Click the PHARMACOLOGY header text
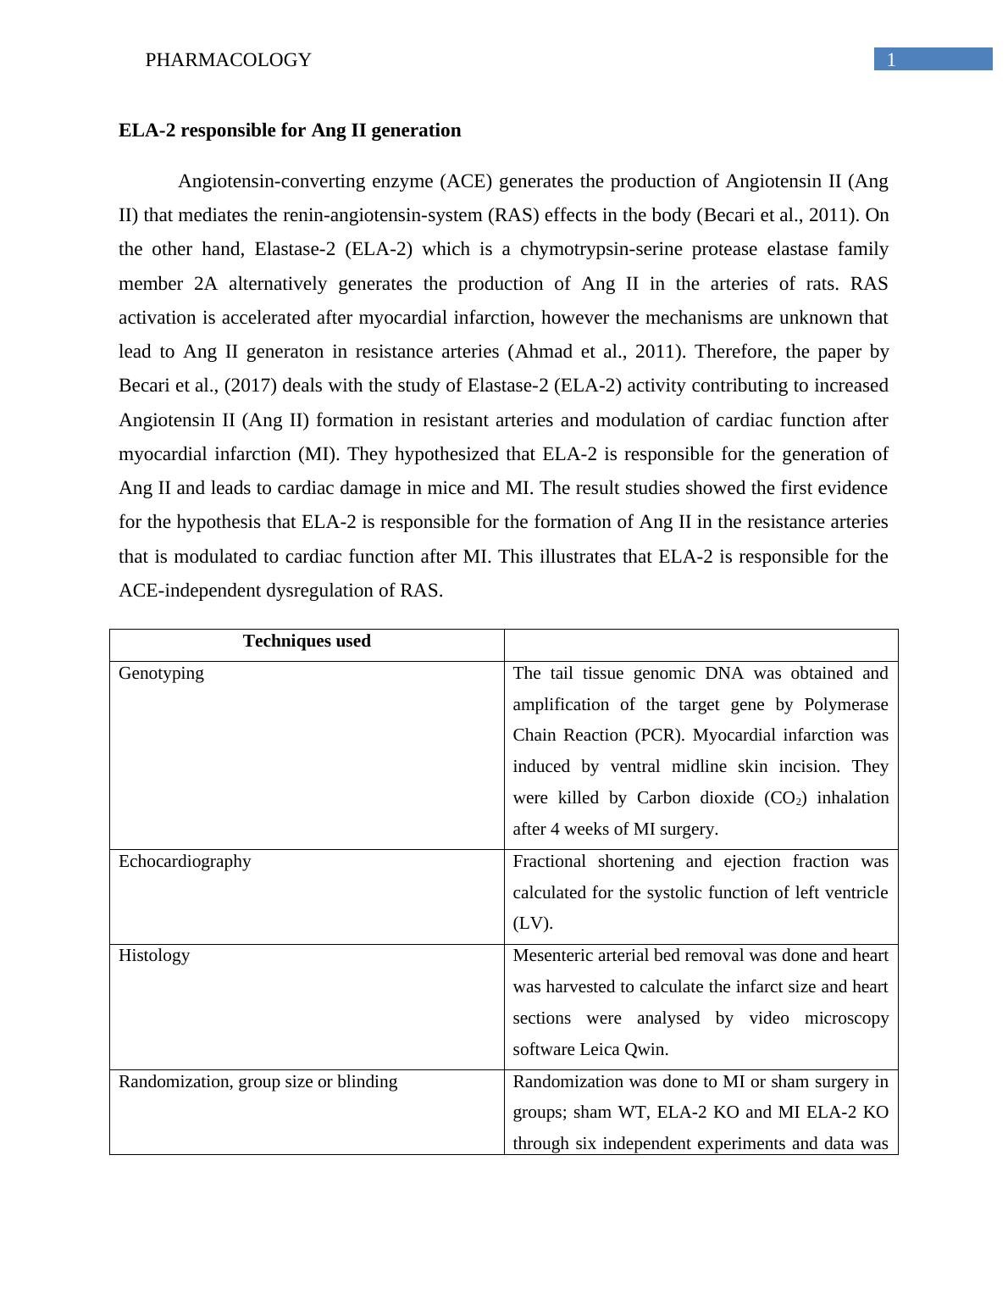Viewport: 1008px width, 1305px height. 228,60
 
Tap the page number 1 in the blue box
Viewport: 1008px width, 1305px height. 891,60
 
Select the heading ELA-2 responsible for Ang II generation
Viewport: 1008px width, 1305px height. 290,130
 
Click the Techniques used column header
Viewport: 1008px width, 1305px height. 307,641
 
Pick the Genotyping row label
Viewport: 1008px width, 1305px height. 161,674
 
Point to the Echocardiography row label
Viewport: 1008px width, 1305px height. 185,862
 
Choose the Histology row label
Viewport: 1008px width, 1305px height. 154,956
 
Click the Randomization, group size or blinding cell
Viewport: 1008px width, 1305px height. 258,1082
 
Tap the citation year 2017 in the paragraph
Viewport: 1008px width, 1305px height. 248,386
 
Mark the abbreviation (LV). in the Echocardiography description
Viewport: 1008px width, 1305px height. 533,924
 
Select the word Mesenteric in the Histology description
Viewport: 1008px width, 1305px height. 555,956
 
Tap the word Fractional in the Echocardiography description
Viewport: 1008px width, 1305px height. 549,862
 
